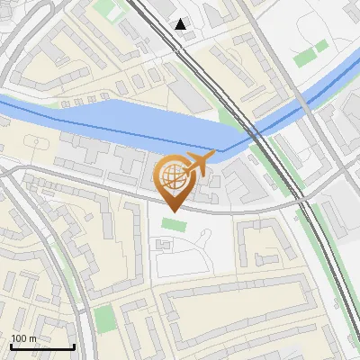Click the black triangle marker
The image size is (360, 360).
(x=181, y=24)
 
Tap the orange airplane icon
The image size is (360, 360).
(x=195, y=166)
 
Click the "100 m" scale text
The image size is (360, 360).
(x=24, y=338)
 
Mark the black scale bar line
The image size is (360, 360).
(x=42, y=346)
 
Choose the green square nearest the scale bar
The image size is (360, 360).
(x=104, y=318)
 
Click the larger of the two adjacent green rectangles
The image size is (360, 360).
(x=306, y=58)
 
